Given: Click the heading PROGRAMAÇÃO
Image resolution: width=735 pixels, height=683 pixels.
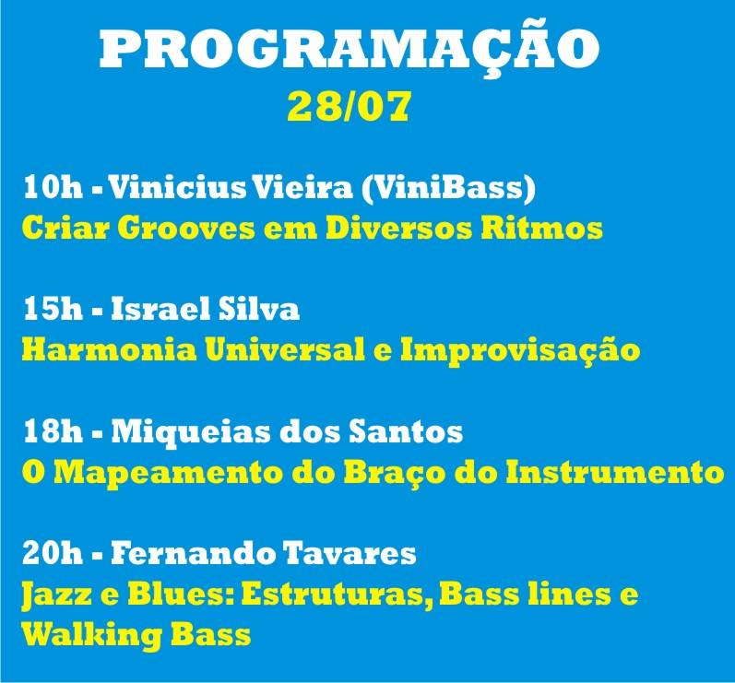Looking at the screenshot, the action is point(350,48).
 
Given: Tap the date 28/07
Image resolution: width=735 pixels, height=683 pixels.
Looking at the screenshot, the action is point(350,106).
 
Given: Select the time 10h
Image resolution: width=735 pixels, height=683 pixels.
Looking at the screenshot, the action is point(53,187).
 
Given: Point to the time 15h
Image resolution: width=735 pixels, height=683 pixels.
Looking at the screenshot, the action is point(53,309).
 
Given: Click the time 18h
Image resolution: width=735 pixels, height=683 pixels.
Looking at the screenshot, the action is point(53,431).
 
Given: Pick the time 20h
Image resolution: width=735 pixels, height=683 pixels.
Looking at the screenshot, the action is point(53,553).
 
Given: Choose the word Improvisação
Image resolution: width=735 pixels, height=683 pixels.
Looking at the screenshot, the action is point(520,351).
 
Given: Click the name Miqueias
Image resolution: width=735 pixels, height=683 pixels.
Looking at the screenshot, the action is point(191,432).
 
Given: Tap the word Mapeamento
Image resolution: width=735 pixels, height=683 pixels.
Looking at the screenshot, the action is point(168,474).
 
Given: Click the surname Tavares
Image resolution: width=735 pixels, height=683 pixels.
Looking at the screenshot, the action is point(350,553).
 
